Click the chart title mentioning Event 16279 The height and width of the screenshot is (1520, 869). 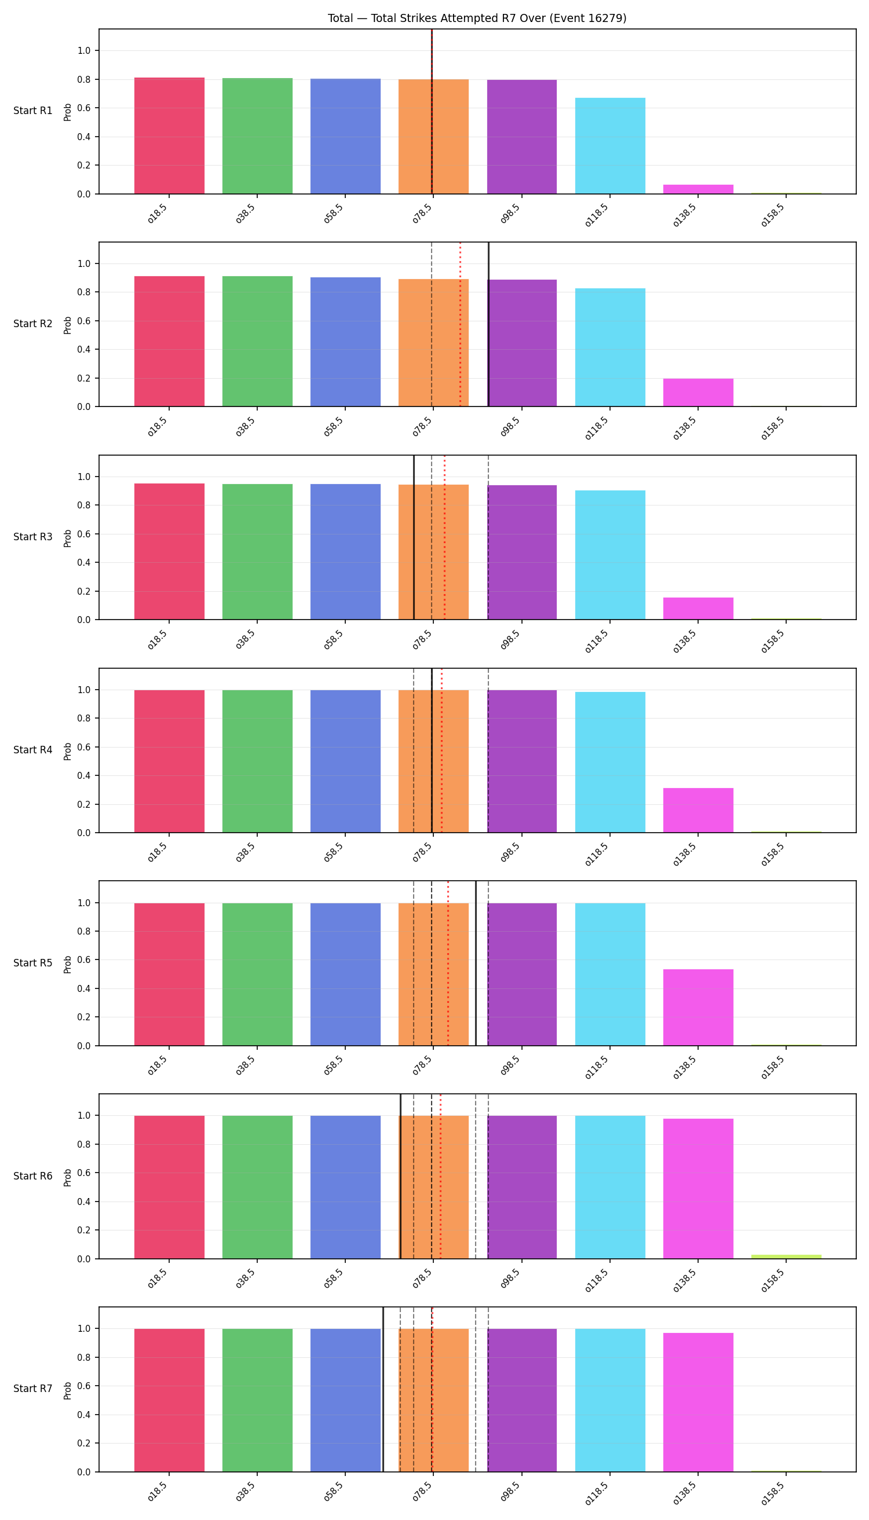pyautogui.click(x=477, y=18)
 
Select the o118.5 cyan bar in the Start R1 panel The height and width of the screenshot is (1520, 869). pyautogui.click(x=610, y=145)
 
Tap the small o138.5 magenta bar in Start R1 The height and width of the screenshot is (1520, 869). pyautogui.click(x=698, y=189)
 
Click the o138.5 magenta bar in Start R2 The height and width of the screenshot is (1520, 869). pyautogui.click(x=698, y=393)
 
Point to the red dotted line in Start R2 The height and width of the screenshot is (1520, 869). pyautogui.click(x=460, y=324)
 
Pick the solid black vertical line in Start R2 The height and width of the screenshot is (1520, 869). pyautogui.click(x=488, y=324)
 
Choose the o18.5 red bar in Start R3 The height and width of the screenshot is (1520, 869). pyautogui.click(x=170, y=552)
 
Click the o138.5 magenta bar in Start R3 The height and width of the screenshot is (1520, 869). pyautogui.click(x=698, y=609)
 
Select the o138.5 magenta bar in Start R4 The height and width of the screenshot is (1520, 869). pyautogui.click(x=698, y=810)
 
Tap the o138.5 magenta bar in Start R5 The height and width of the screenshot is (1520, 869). pyautogui.click(x=698, y=1008)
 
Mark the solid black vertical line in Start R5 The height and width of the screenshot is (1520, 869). pyautogui.click(x=476, y=964)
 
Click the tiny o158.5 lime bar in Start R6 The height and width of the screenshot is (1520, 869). pyautogui.click(x=786, y=1257)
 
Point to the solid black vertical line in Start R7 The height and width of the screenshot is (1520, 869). pyautogui.click(x=383, y=1389)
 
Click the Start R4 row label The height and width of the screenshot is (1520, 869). pyautogui.click(x=33, y=750)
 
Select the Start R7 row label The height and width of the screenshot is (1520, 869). pyautogui.click(x=33, y=1389)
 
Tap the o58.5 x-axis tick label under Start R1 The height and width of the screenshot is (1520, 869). pyautogui.click(x=333, y=214)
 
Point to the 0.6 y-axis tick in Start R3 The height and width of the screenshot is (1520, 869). pyautogui.click(x=83, y=534)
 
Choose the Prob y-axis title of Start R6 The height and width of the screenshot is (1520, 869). pyautogui.click(x=67, y=1177)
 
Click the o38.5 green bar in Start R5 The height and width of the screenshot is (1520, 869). pyautogui.click(x=257, y=975)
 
